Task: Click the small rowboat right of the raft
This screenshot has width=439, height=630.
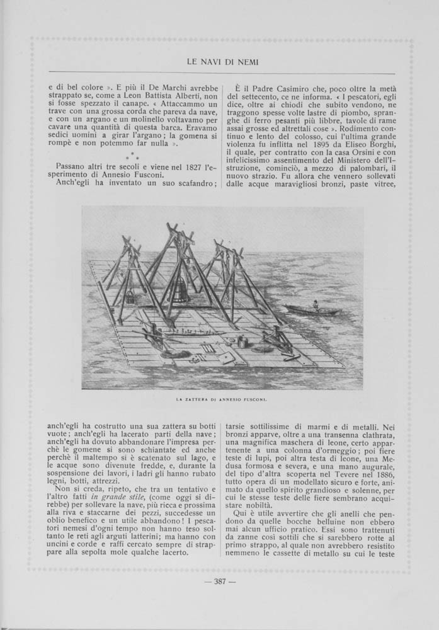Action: tap(311, 310)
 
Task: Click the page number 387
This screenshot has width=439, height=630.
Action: tap(219, 598)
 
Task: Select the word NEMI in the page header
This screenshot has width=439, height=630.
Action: tap(248, 61)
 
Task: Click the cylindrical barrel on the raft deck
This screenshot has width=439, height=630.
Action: tap(241, 342)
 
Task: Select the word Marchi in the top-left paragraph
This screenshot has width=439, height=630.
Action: tap(155, 84)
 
